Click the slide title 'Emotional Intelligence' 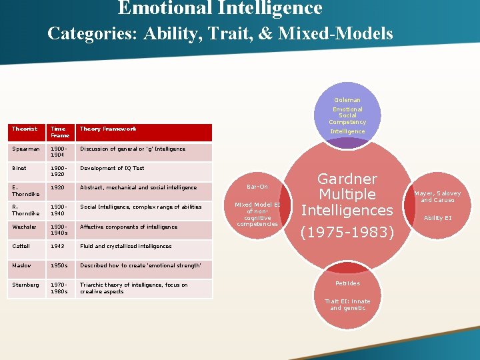click(x=220, y=8)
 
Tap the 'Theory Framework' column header click(x=108, y=129)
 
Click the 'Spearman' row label click(x=26, y=149)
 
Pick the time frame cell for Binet click(x=59, y=171)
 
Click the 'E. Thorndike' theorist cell click(x=26, y=191)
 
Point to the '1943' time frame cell click(x=57, y=246)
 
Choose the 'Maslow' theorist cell click(x=23, y=265)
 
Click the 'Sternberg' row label click(x=26, y=285)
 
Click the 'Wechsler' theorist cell click(x=25, y=227)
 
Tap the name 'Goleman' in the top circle click(x=347, y=100)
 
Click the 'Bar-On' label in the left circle click(x=257, y=187)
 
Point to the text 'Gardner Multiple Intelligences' click(x=347, y=195)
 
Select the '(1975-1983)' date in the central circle click(x=347, y=233)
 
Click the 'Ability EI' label click(x=437, y=218)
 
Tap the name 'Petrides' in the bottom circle click(x=347, y=283)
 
